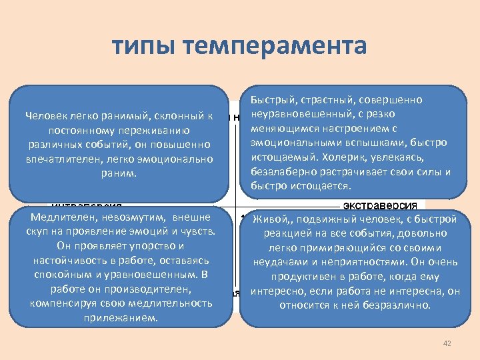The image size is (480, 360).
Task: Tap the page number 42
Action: (447, 343)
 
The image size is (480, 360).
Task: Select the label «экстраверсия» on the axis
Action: (380, 203)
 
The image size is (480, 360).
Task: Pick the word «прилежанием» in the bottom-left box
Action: (121, 317)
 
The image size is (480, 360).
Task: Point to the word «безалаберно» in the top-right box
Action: (281, 171)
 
